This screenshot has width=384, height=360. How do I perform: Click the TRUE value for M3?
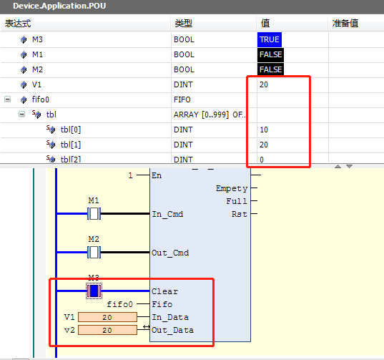point(270,39)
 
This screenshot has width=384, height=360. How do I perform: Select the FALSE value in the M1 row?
point(270,54)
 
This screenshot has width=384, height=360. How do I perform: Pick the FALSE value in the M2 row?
point(270,69)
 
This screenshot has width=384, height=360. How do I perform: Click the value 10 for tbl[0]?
point(264,130)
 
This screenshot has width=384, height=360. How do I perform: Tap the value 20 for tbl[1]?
point(264,145)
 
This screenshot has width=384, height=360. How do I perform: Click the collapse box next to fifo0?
point(8,99)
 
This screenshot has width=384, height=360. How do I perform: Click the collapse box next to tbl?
point(21,115)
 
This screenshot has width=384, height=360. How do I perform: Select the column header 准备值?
point(345,24)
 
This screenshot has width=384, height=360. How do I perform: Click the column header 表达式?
point(18,24)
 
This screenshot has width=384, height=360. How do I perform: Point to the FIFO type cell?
point(182,99)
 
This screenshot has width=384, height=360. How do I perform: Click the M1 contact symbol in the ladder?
point(94,214)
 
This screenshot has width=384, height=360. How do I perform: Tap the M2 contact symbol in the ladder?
point(94,252)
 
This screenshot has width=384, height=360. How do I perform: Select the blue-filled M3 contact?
point(94,291)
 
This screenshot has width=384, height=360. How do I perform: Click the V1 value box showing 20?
point(107,317)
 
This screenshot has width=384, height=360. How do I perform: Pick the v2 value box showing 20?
point(107,330)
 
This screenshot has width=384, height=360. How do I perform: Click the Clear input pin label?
point(164,291)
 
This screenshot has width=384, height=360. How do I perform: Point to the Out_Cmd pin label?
point(170,253)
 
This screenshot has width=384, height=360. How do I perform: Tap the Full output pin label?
point(237,201)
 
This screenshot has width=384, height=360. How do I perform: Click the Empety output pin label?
point(232,188)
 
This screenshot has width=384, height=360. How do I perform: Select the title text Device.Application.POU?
point(59,6)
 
